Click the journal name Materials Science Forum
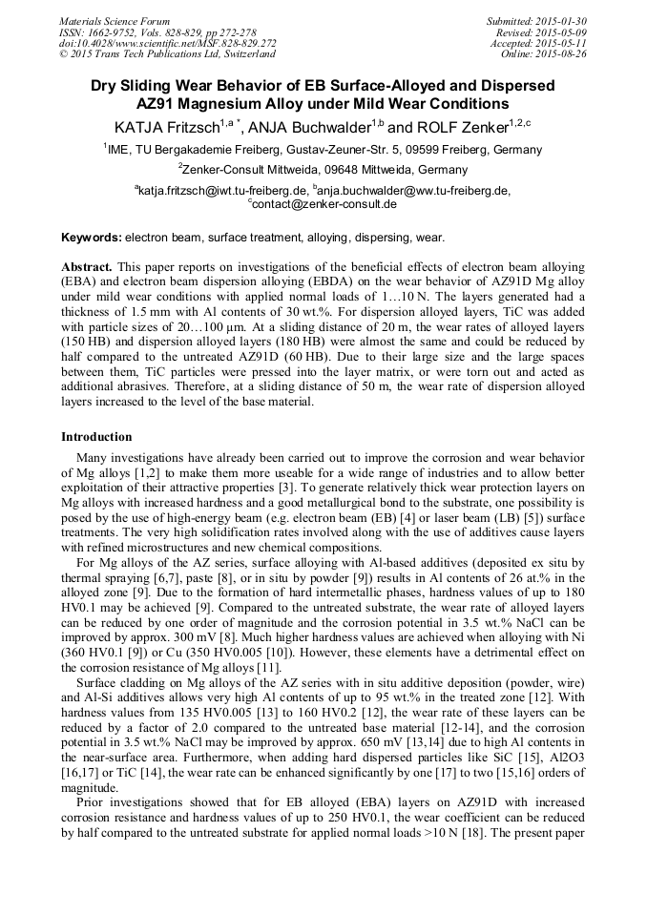click(x=115, y=21)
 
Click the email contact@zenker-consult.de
click(x=324, y=203)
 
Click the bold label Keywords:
click(x=92, y=237)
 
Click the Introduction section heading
click(x=96, y=436)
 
